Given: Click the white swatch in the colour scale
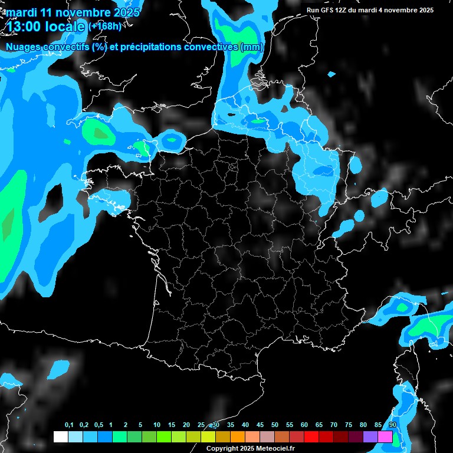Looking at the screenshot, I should coord(60,437).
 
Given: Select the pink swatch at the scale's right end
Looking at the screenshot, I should coord(385,437).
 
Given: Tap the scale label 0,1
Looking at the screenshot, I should coord(69,425).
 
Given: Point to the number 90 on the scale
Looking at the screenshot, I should coord(393,425).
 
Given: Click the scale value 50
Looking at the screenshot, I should coord(275,425).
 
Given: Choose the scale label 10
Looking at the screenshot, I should coord(157,425).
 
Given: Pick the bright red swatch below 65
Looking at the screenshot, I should coord(311,437).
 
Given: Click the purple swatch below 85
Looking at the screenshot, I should coord(370,437).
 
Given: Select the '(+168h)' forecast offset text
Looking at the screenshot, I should coord(106,26).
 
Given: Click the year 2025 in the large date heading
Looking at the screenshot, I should coord(126,12).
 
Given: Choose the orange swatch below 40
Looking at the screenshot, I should coord(238,437).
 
